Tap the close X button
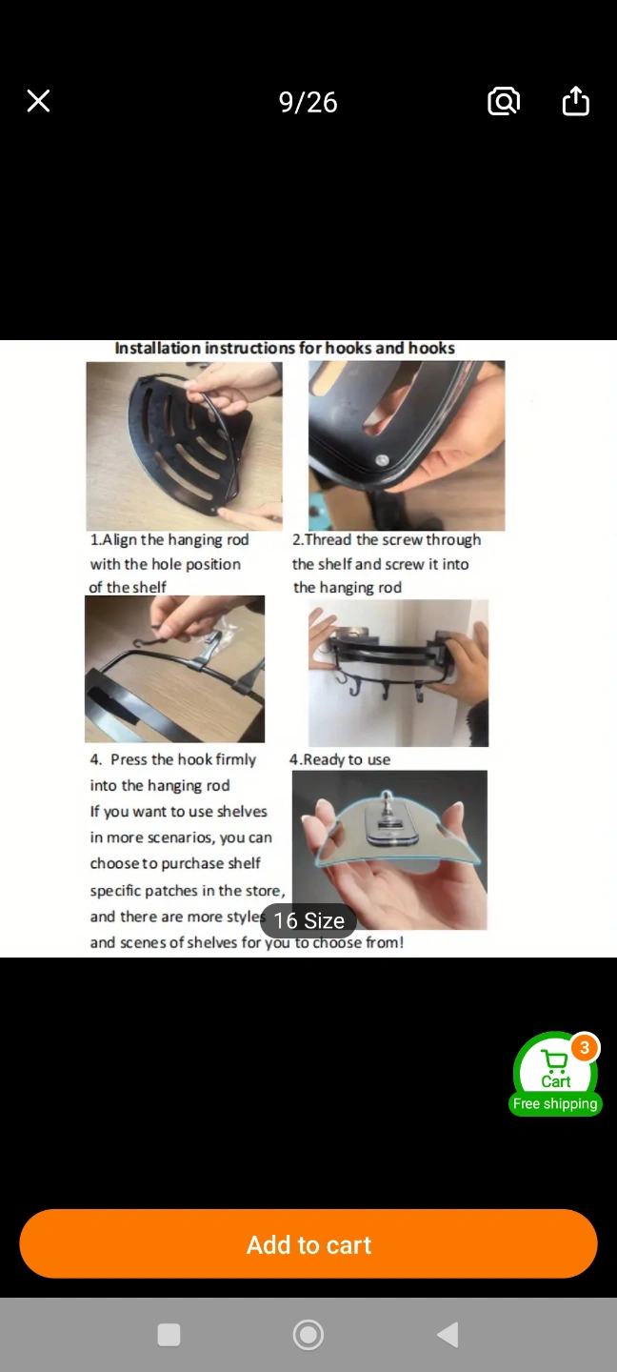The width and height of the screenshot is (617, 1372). coord(38,101)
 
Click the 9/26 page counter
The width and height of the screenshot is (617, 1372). coord(308,102)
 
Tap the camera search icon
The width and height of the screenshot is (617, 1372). coord(504,101)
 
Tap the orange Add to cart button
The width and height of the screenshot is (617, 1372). coord(308,1244)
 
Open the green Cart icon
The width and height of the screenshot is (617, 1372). coord(555,1066)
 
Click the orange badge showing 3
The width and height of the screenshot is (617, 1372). coord(585,1047)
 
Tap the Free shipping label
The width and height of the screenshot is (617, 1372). coord(555,1103)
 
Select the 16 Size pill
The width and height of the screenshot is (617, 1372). coord(308,920)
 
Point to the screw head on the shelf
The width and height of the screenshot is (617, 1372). coord(382,460)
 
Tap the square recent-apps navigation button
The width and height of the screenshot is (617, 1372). coord(169,1335)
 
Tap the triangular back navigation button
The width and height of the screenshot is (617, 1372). coord(448,1335)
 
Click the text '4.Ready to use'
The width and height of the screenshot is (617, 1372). coord(340,759)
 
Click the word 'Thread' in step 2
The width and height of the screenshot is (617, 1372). coord(328,539)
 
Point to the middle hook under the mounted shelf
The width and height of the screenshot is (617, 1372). coord(385,690)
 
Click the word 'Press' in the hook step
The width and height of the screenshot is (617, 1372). coord(129,759)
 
